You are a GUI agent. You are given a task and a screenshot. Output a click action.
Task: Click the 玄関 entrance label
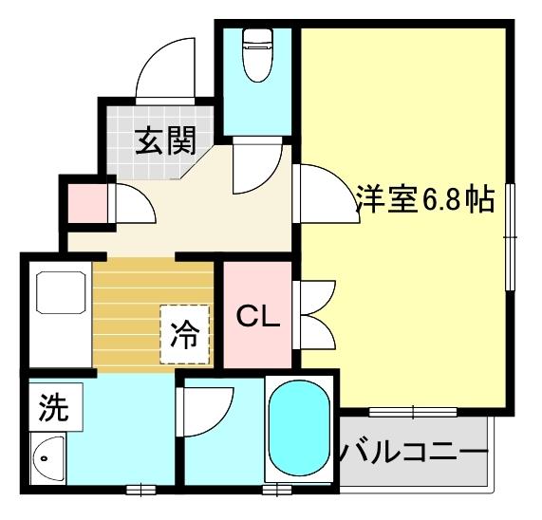pos(164,141)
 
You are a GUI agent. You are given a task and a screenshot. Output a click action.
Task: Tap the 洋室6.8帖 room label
pos(424,200)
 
